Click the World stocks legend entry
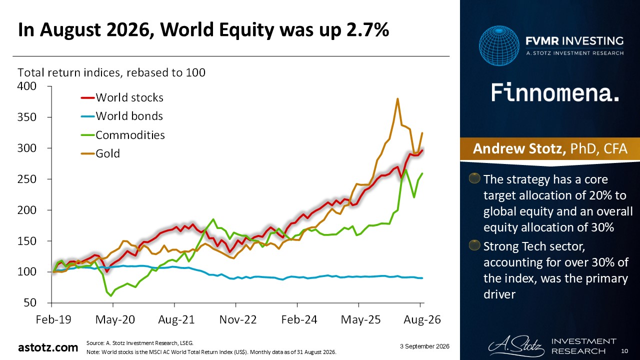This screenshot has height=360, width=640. pos(122,97)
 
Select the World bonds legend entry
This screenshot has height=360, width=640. pos(122,116)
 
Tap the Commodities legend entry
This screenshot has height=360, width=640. pos(123,135)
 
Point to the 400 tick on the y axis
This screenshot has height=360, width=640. pos(27,86)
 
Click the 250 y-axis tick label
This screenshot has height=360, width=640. pos(27,179)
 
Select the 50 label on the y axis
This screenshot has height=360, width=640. pos(30,303)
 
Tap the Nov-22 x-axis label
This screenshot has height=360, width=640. pos(238,319)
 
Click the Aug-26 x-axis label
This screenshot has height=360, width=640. pos(422,319)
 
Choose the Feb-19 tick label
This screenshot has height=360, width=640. pos(53,319)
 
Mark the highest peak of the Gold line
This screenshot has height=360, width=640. pos(397,99)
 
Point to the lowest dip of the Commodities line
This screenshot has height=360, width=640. pos(111,295)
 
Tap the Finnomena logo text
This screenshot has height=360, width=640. pos(555,92)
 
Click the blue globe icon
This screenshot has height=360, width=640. pos(499,45)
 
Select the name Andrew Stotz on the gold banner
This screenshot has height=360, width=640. pos(519,148)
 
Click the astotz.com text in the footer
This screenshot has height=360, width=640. pos(48,347)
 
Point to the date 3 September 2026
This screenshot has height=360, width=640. pos(424,346)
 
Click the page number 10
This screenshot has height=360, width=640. pos(624,351)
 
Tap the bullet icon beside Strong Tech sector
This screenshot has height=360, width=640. pos(474,245)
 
